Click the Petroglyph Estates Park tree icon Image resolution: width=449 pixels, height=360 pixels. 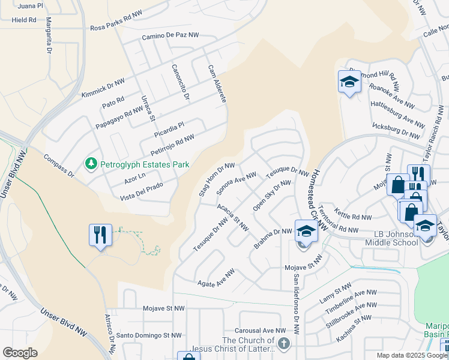(x=91, y=164)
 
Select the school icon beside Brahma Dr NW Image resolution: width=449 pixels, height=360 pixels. (x=306, y=230)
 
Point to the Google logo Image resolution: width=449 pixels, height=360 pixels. (x=20, y=353)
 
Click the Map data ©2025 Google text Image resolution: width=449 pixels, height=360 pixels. (x=412, y=355)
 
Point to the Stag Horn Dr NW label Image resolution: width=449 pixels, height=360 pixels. (x=216, y=179)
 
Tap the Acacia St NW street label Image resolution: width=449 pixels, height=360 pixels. (x=232, y=217)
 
